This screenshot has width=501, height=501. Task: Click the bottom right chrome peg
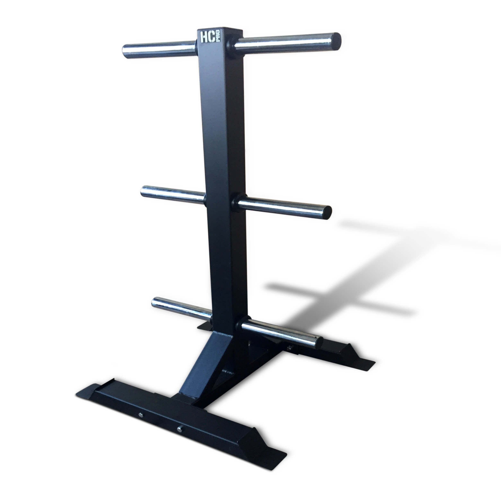pyautogui.click(x=281, y=332)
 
